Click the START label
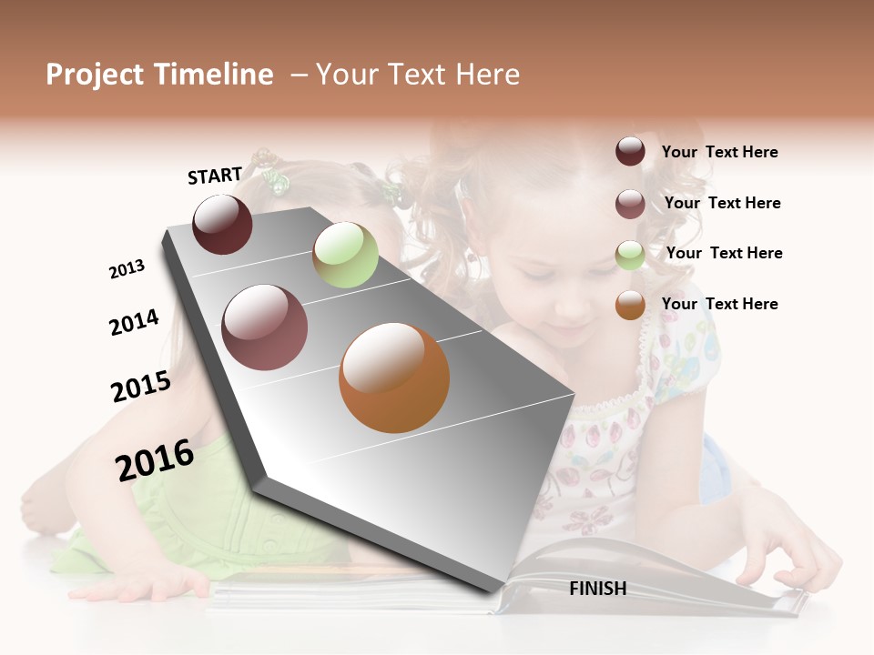(215, 176)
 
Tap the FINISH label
(597, 589)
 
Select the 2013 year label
(127, 269)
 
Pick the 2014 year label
(134, 322)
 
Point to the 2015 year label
(141, 387)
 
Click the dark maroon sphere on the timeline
(222, 225)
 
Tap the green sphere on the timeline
(345, 255)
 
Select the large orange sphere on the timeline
(394, 378)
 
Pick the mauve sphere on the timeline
(265, 327)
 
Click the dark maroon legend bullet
(630, 151)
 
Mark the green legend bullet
(630, 255)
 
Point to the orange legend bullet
(630, 305)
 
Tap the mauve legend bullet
(630, 204)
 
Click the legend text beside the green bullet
(724, 253)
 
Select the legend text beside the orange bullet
(719, 304)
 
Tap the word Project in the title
(95, 75)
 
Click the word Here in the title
(488, 75)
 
